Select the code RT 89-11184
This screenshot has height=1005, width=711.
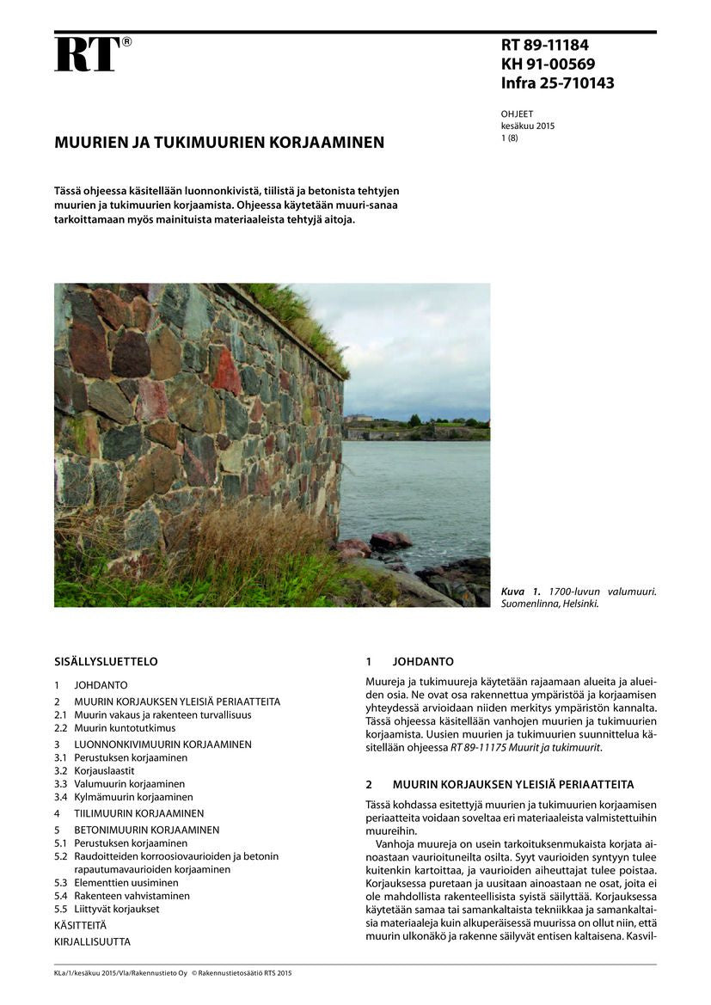click(544, 46)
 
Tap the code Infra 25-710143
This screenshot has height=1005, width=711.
click(557, 83)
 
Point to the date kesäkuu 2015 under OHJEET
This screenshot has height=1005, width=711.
click(528, 126)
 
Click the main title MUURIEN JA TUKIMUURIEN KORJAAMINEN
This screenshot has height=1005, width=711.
click(219, 142)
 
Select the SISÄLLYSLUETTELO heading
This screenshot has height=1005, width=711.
click(106, 662)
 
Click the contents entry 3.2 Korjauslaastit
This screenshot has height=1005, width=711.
click(116, 771)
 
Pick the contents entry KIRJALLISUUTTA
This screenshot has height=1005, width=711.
click(92, 941)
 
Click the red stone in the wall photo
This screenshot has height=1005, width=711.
click(225, 371)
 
